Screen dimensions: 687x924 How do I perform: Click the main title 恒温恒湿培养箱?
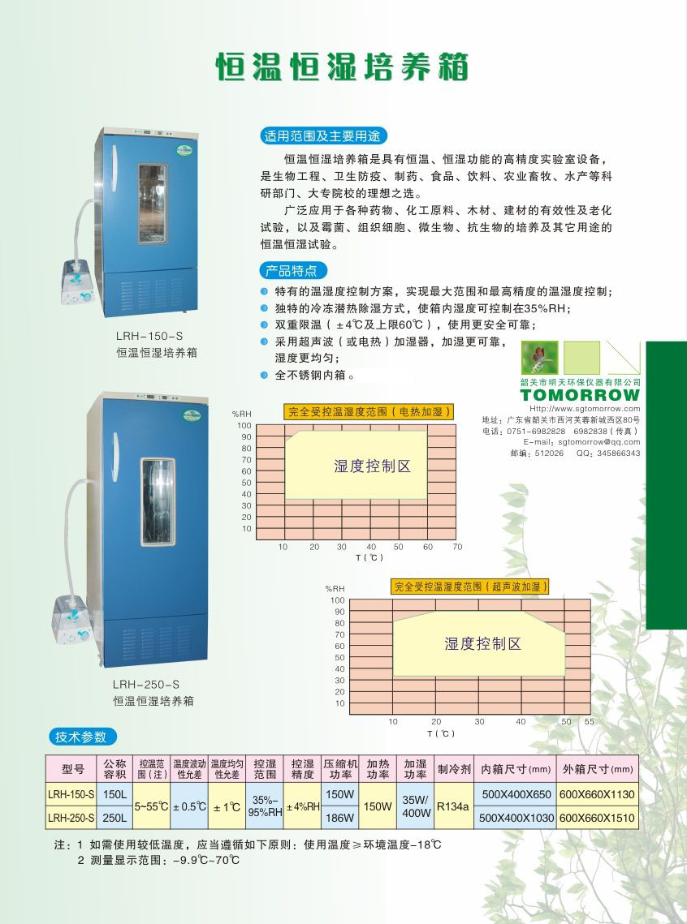342,67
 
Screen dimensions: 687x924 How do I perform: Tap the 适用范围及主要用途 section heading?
323,136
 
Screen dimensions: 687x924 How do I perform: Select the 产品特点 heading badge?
292,270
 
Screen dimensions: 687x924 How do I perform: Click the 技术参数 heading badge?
82,737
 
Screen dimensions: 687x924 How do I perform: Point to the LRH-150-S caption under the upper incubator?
149,336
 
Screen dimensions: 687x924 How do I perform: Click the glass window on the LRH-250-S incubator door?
158,501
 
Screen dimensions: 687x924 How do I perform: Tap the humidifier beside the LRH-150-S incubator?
78,281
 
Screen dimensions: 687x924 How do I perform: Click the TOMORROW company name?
581,395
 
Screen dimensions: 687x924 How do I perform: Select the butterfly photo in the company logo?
539,358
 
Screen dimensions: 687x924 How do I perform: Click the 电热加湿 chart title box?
369,412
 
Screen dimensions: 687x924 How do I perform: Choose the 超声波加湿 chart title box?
470,587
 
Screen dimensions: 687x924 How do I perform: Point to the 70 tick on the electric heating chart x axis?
458,547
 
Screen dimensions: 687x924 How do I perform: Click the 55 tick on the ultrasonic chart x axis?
590,721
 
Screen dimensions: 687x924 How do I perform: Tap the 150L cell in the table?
115,794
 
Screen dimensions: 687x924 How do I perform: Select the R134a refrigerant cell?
453,806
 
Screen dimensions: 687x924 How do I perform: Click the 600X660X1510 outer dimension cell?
597,818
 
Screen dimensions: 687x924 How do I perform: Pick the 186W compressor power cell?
340,818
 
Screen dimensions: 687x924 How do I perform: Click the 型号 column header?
71,769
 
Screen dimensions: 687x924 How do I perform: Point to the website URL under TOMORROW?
585,408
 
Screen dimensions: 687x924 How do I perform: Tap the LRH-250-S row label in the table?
71,818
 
